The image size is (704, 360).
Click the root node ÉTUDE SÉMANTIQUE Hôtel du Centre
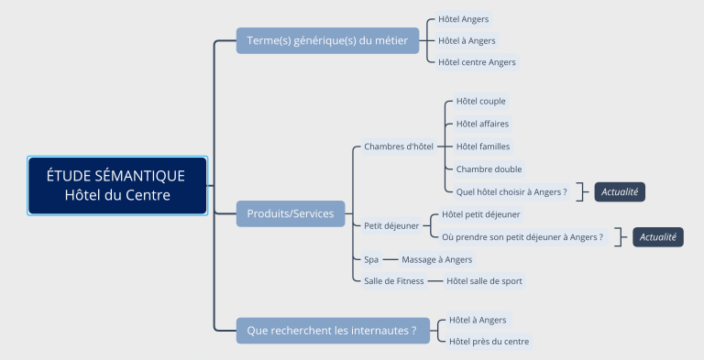(x=116, y=185)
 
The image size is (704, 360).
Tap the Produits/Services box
(x=291, y=213)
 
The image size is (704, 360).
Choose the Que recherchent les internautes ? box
(x=333, y=330)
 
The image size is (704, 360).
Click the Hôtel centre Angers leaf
(x=477, y=62)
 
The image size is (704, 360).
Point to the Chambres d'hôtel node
(x=398, y=146)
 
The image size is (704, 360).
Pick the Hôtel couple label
(x=480, y=101)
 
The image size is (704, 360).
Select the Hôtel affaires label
(x=482, y=124)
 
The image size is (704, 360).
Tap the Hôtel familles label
(x=483, y=146)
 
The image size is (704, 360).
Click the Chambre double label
(x=489, y=169)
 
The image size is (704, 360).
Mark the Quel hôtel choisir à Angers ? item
(x=511, y=191)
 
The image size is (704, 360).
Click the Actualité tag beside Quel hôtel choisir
(x=621, y=191)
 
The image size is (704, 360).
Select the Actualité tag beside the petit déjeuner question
(x=658, y=237)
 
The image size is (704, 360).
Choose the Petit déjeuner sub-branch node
(x=391, y=225)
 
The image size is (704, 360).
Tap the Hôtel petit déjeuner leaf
(x=481, y=214)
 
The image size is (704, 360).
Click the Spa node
(x=371, y=259)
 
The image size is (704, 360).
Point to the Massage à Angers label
(x=436, y=259)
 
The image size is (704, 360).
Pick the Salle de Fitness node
(x=394, y=281)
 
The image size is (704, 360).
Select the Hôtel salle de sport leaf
(x=484, y=281)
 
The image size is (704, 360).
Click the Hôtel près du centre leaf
(x=489, y=342)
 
